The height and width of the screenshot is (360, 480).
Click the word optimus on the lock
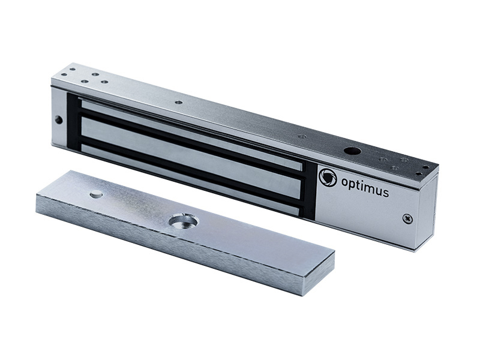(x=365, y=187)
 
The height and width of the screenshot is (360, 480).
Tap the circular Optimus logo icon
(x=328, y=177)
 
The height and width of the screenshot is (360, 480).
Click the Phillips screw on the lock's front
(x=407, y=218)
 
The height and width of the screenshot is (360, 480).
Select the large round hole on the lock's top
(x=352, y=151)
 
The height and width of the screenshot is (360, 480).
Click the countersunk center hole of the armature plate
(x=184, y=221)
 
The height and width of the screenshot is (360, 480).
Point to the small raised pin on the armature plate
(x=97, y=193)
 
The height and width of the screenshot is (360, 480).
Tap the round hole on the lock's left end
(x=58, y=119)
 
